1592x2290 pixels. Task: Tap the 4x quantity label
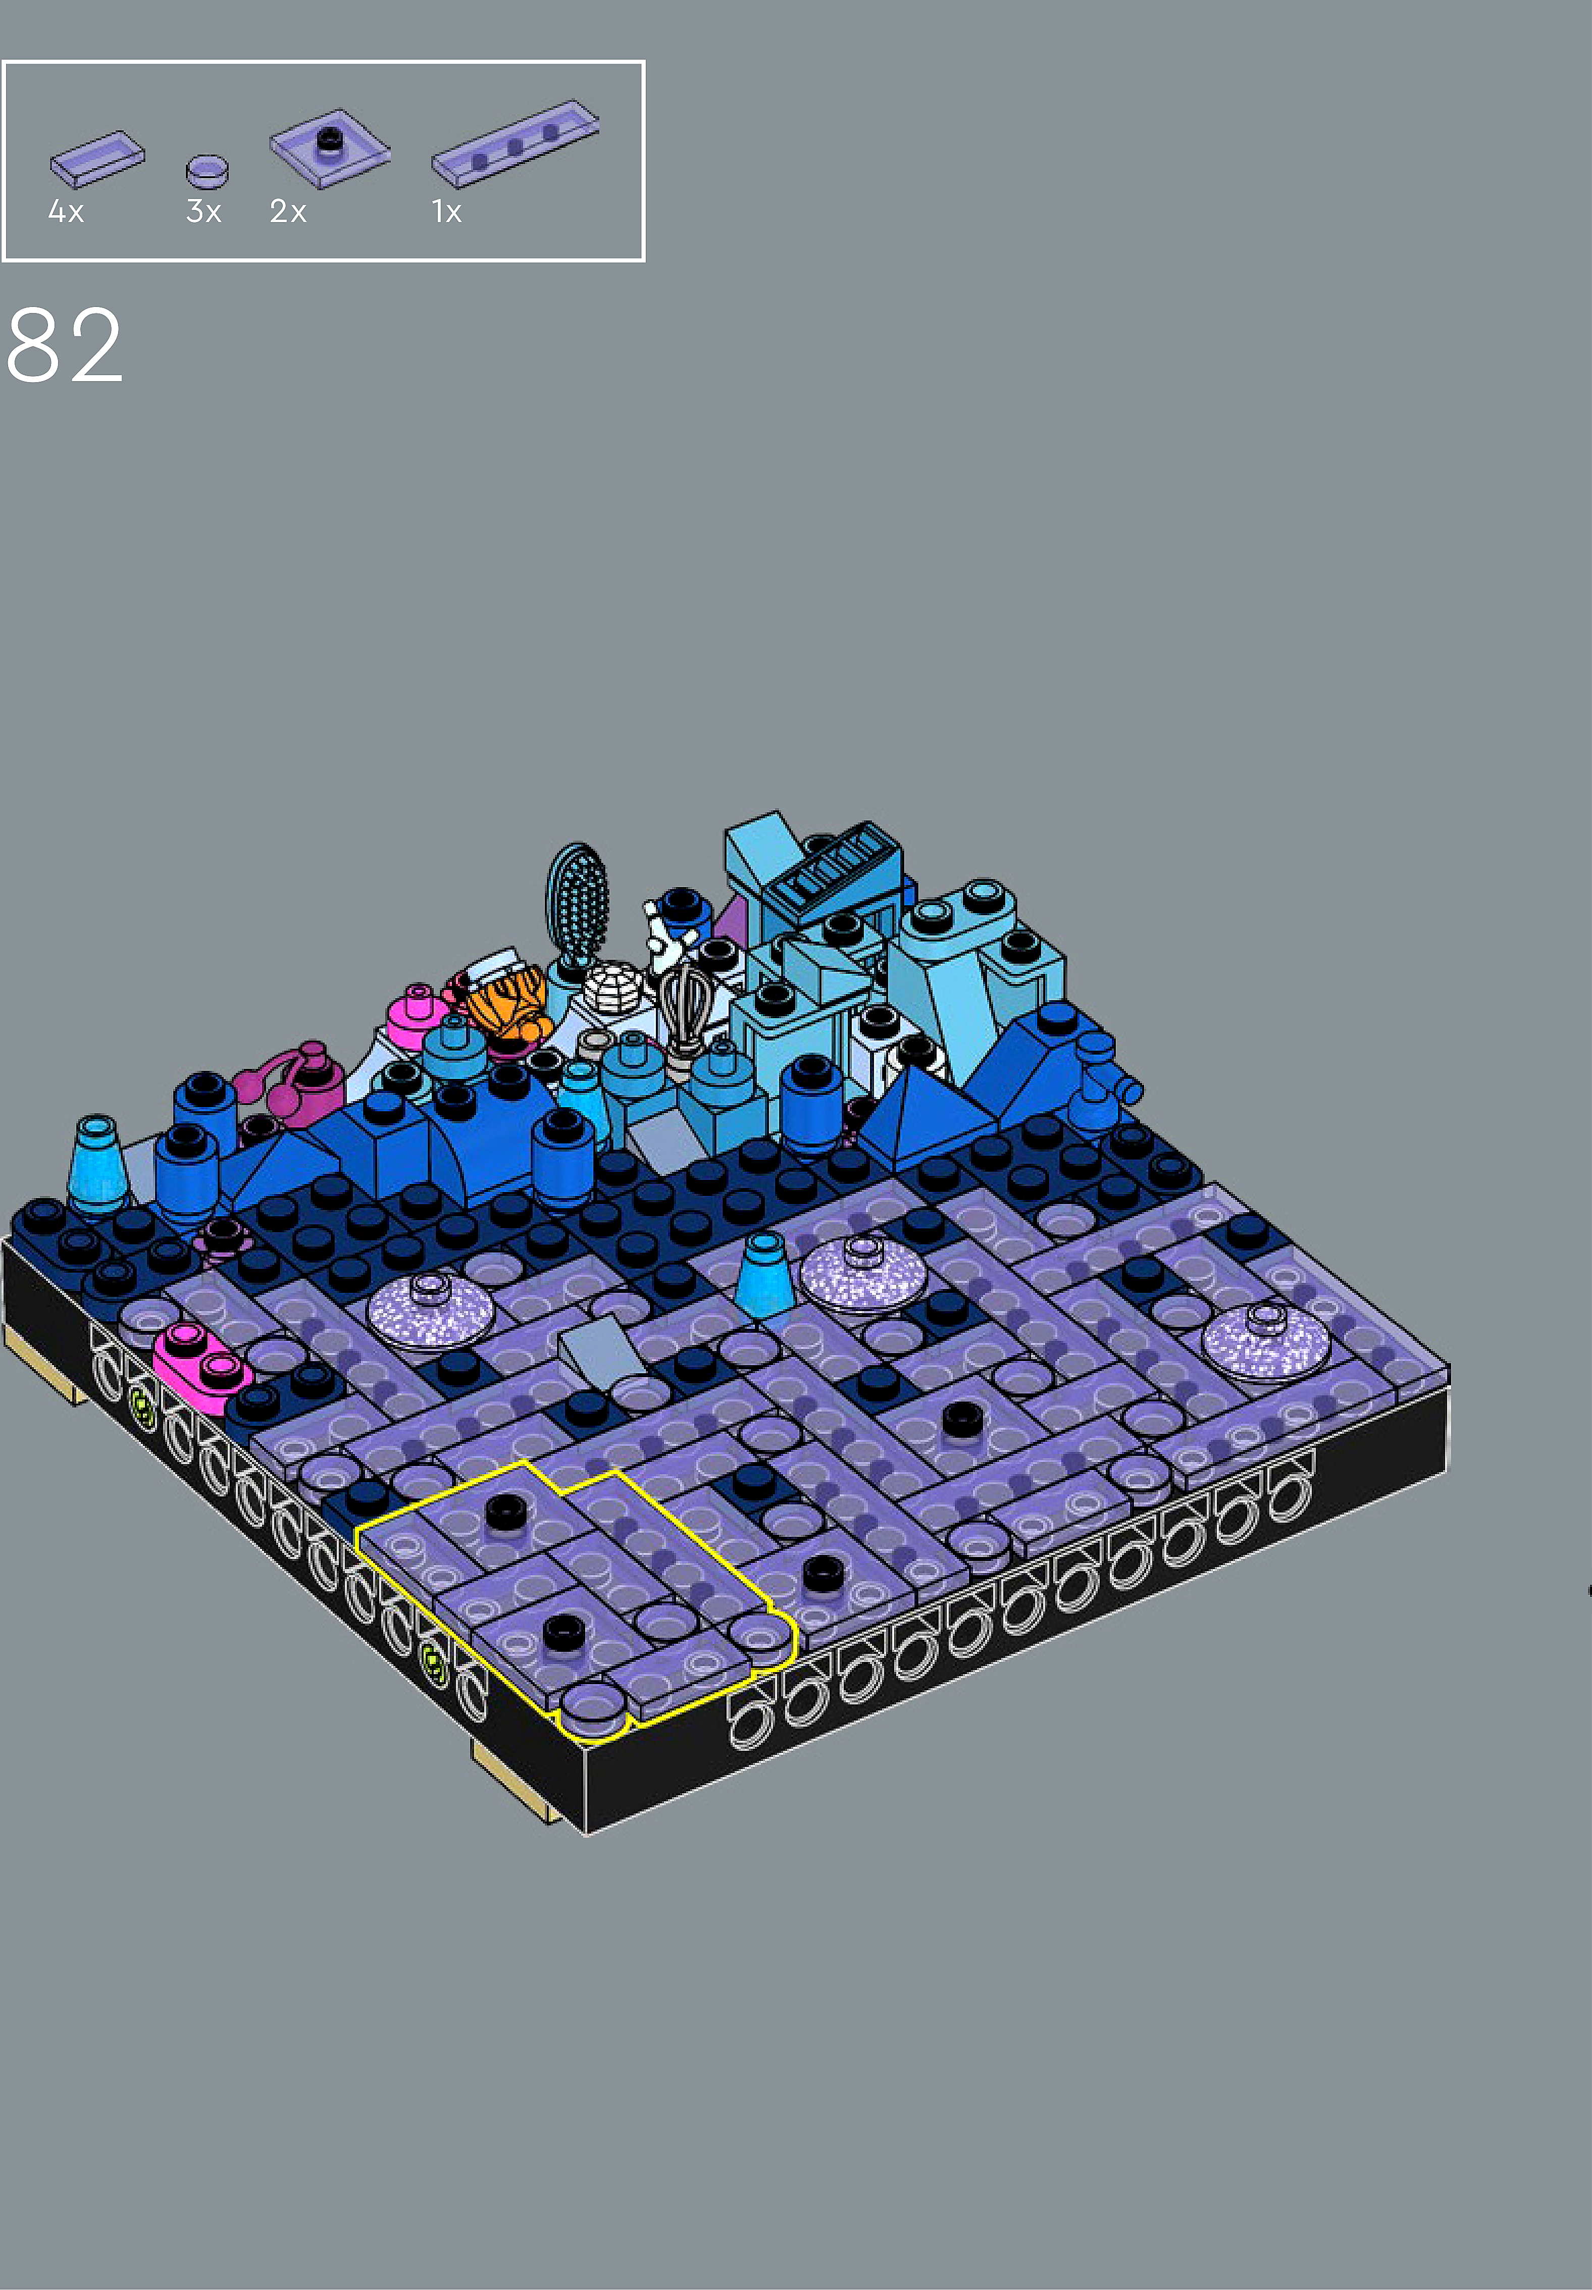[66, 212]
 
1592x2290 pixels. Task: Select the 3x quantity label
[203, 212]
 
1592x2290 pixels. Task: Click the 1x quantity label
[446, 212]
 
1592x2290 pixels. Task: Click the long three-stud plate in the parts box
[515, 143]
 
